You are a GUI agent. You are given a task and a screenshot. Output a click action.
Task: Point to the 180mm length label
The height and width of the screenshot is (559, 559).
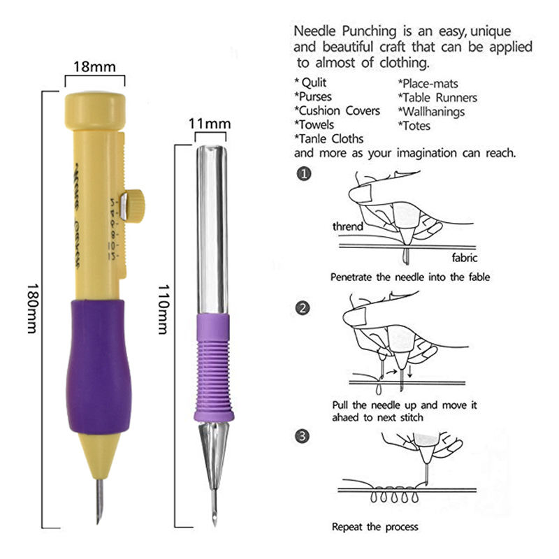[x=31, y=307]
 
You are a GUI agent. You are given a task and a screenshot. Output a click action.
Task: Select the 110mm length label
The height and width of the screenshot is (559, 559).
[x=162, y=308]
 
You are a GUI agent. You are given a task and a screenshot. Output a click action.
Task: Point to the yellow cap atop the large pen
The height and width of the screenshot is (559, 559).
[x=95, y=106]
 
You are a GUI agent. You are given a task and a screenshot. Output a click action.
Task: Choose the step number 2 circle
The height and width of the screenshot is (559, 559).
[x=303, y=307]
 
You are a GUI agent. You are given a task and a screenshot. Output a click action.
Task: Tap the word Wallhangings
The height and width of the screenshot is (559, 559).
[x=431, y=112]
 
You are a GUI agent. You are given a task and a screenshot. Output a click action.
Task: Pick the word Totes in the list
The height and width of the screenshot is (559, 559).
[x=414, y=126]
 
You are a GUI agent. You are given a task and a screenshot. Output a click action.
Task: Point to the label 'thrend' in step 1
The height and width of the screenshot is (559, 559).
[x=347, y=226]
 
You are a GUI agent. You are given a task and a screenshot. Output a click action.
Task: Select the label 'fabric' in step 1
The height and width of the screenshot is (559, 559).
[x=464, y=256]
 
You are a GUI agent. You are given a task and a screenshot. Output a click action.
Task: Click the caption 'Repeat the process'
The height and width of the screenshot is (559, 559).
[x=375, y=526]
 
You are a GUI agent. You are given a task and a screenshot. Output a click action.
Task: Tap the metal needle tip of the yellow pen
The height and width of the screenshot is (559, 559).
[x=99, y=500]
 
